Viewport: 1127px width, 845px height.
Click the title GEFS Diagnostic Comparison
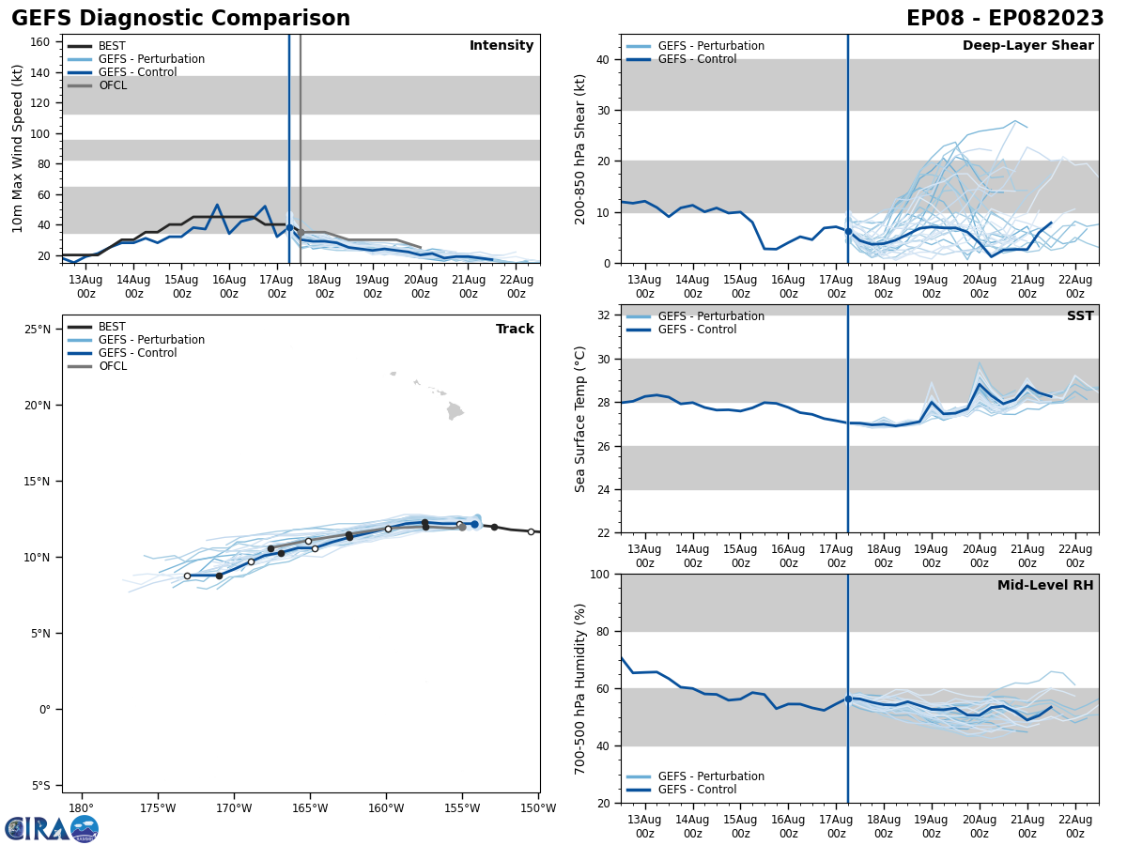click(180, 19)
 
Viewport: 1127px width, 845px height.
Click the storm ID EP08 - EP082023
click(1005, 19)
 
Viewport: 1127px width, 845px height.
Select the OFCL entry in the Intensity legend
click(112, 85)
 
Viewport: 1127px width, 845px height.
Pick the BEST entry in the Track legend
click(112, 327)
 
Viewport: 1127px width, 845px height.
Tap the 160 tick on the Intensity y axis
click(40, 42)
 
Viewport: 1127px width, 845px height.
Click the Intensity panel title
click(501, 46)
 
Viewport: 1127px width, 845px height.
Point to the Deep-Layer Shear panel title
click(1027, 46)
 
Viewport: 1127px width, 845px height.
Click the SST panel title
click(1079, 316)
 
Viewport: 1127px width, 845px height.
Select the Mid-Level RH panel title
click(1044, 586)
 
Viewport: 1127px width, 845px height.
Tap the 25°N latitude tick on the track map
click(38, 330)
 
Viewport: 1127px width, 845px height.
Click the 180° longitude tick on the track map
click(81, 808)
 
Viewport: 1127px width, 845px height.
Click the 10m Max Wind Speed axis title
click(17, 148)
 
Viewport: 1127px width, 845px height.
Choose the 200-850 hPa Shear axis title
click(580, 148)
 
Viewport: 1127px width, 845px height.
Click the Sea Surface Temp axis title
click(580, 419)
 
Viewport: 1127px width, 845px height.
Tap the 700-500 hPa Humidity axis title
click(580, 688)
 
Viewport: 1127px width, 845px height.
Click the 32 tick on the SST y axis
click(605, 315)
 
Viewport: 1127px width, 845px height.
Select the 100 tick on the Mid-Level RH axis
click(601, 574)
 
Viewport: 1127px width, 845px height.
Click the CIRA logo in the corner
click(51, 828)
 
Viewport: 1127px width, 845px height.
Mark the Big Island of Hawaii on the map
click(455, 410)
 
